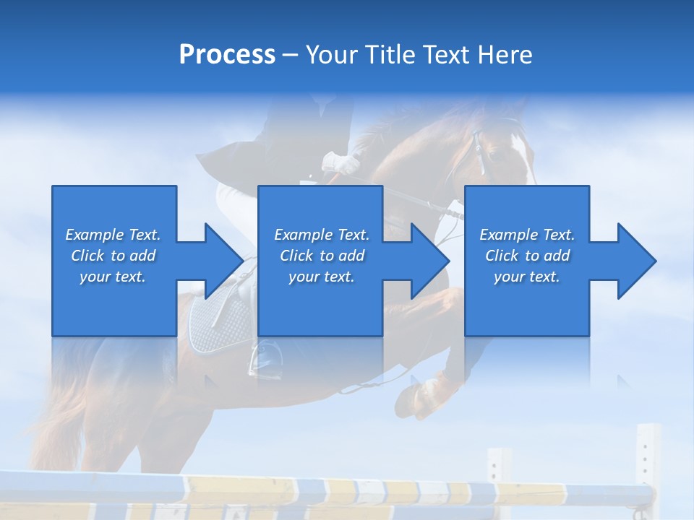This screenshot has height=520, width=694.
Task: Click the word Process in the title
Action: coord(227,54)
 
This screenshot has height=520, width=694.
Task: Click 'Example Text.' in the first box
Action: coord(113,235)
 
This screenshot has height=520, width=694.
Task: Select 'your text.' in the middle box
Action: coord(321,277)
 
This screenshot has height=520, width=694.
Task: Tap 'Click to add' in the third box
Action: coord(527,256)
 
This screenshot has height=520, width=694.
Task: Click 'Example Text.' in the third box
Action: coord(527,235)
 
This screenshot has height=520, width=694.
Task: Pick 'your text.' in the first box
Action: coord(113,277)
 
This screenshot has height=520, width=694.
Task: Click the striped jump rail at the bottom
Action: coord(325,491)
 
